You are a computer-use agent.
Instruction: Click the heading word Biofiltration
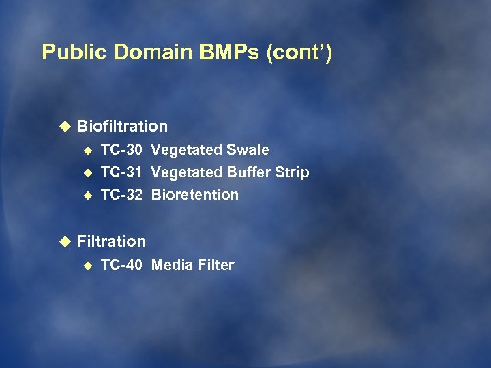point(122,126)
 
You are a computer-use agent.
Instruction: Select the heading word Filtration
point(111,241)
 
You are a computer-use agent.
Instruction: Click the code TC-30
point(121,150)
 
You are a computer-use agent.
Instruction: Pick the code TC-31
point(121,172)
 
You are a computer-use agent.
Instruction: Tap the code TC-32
point(121,195)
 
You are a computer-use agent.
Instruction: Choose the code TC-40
point(121,265)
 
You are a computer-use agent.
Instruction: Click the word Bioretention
point(195,195)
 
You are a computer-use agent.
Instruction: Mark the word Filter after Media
point(214,265)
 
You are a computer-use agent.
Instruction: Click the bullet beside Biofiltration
point(65,126)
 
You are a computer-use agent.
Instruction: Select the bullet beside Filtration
point(65,241)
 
